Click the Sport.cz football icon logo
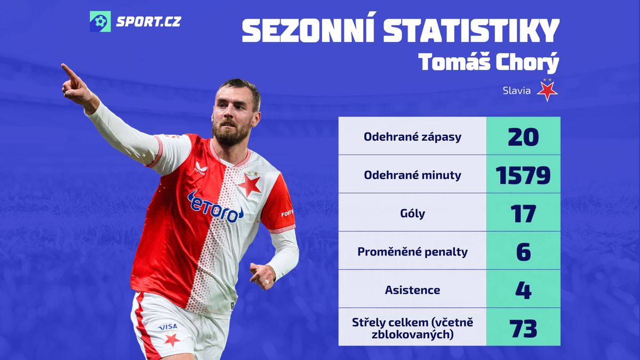(x=100, y=21)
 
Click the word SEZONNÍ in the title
(x=308, y=30)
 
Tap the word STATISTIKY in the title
(x=471, y=30)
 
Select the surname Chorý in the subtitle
(x=527, y=62)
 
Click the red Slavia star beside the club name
(x=547, y=91)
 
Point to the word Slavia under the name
(x=517, y=91)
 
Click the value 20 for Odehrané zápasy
(x=523, y=137)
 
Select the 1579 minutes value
(x=523, y=175)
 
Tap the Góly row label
(x=412, y=213)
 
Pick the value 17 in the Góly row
(x=523, y=214)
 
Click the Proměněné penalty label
(x=412, y=252)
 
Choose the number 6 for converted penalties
(x=523, y=252)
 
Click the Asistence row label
(x=412, y=290)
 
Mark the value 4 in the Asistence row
(x=523, y=290)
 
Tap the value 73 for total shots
(x=523, y=329)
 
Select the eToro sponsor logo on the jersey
(x=215, y=207)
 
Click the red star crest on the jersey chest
(x=250, y=185)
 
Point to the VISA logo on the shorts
(x=168, y=326)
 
